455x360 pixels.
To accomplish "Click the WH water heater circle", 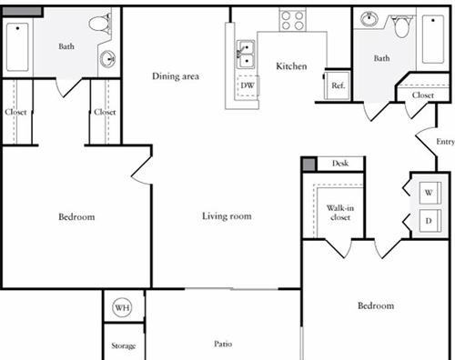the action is coord(123,307).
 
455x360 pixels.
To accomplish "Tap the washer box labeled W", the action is coord(430,193).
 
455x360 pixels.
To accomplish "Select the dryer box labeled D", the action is coord(430,221).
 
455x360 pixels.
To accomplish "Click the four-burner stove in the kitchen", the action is coord(292,20).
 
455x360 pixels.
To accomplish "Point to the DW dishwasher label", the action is coord(248,85).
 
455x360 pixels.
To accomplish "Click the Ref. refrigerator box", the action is coord(338,85).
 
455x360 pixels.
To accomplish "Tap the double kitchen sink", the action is coord(246,55).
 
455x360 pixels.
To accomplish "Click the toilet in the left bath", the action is coord(99,23).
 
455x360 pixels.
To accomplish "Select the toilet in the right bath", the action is coord(402,26).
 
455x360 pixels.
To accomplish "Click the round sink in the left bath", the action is coord(107,59).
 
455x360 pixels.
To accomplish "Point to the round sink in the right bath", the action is coord(369,19).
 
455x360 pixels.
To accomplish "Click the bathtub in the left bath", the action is coord(17,47).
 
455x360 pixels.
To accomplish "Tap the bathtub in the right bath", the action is coord(433,39).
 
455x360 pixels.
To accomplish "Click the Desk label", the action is coord(340,164).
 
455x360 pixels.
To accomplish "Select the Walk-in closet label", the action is coord(340,213).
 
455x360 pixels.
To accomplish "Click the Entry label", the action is coord(445,142).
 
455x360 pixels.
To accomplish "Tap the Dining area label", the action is coord(176,76).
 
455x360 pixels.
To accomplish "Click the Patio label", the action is coord(223,344).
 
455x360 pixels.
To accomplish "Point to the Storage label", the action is coord(123,345).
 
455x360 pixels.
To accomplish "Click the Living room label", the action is coord(227,216).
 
